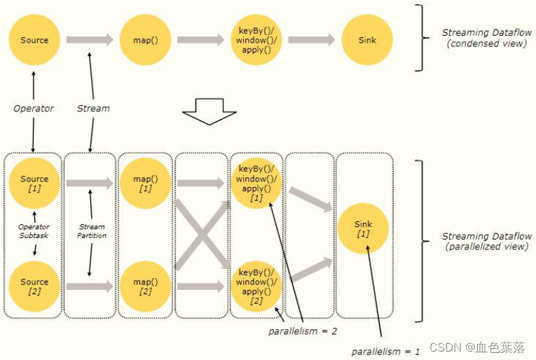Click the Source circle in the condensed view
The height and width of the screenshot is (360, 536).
pos(34,40)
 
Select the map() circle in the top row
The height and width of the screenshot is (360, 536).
pos(146,40)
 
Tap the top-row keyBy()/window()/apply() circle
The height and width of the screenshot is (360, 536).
pos(256,40)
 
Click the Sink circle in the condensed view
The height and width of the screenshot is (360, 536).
pos(367,40)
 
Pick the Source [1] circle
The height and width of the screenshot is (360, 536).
pos(34,184)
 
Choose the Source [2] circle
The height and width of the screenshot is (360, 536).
pos(34,286)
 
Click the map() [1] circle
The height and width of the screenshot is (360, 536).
pos(146,184)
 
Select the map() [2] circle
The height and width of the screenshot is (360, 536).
pos(146,286)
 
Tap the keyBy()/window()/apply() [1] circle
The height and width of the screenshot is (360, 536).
pos(256,184)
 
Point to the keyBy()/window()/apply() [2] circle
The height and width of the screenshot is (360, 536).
pos(256,286)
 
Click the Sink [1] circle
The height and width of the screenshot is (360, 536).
pos(363,229)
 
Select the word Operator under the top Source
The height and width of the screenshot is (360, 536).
pos(34,109)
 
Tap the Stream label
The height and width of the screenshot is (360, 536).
pos(93,109)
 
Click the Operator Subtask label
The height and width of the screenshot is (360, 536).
pos(34,230)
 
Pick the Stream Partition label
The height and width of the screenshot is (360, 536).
pos(92,231)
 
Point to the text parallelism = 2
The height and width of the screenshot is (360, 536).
pos(303,329)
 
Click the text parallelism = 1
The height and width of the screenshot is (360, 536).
pos(386,351)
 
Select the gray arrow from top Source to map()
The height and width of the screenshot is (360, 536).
pos(90,40)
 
